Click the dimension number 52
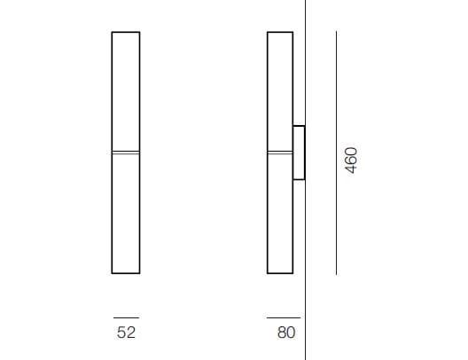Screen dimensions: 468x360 (x=126, y=333)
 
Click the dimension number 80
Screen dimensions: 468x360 (x=286, y=333)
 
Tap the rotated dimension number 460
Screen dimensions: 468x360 (x=351, y=160)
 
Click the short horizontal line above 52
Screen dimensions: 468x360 (x=126, y=318)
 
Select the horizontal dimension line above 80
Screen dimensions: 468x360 (x=284, y=318)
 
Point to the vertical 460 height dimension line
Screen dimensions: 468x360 (x=337, y=153)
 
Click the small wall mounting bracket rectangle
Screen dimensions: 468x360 (x=299, y=153)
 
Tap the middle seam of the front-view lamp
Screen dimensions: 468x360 (x=126, y=153)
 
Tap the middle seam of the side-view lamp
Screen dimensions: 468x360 (x=280, y=153)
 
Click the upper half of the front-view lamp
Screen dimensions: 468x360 (x=126, y=91)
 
